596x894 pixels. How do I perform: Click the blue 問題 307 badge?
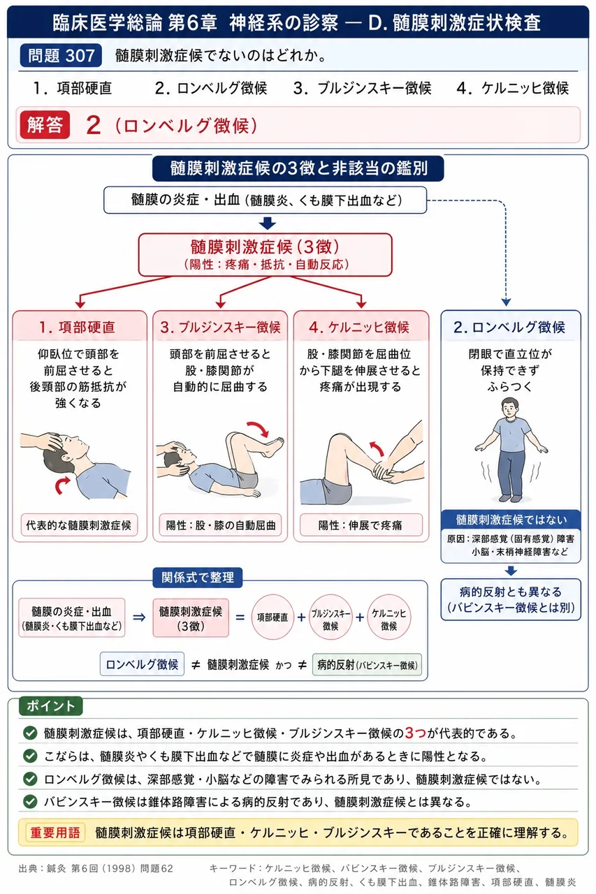pyautogui.click(x=61, y=55)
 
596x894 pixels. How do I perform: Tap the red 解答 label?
pyautogui.click(x=45, y=125)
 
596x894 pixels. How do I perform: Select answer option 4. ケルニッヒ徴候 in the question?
pyautogui.click(x=513, y=88)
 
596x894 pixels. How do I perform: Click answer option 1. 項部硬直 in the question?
pyautogui.click(x=72, y=88)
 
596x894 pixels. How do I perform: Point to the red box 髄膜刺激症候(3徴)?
pyautogui.click(x=265, y=255)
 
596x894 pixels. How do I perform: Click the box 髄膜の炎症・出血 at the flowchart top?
pyautogui.click(x=265, y=200)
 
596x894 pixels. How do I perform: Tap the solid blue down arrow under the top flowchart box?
pyautogui.click(x=267, y=223)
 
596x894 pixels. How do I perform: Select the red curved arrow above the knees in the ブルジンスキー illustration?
pyautogui.click(x=258, y=429)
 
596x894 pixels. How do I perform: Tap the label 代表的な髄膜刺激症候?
pyautogui.click(x=79, y=525)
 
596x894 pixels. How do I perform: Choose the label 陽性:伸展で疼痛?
pyautogui.click(x=361, y=525)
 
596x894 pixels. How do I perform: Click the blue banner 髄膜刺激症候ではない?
pyautogui.click(x=511, y=520)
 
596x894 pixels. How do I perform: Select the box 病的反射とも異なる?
pyautogui.click(x=511, y=599)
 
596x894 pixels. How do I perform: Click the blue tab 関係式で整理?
pyautogui.click(x=198, y=577)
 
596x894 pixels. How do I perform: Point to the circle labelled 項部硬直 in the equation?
pyautogui.click(x=272, y=617)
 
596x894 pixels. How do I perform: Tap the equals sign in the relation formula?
pyautogui.click(x=240, y=618)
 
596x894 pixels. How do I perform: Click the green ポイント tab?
pyautogui.click(x=51, y=706)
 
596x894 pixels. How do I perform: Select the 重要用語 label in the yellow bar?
pyautogui.click(x=55, y=832)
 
